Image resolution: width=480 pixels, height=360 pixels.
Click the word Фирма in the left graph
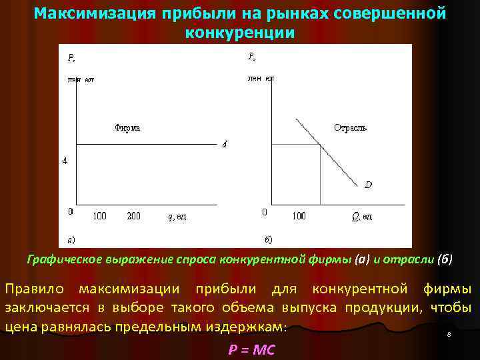pos(127,128)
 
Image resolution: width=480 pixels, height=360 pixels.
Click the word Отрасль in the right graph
pos(350,127)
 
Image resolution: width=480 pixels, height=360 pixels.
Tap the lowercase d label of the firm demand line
pos(224,146)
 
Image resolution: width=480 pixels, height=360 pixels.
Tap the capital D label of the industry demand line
pos(368,185)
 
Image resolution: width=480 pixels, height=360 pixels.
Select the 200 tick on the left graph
pos(134,216)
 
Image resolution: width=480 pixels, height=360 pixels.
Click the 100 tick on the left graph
pos(99,216)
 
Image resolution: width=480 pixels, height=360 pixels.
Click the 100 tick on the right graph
pos(299,216)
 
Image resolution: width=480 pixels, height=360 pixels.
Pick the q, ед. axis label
pos(178,217)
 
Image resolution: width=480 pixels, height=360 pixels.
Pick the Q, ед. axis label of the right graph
pos(363,217)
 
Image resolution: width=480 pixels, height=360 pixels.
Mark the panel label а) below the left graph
pos(71,238)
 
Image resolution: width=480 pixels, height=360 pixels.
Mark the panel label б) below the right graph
pos(268,238)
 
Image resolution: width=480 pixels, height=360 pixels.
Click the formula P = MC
pos(252,350)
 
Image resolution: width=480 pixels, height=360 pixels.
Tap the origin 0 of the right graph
pos(264,212)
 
